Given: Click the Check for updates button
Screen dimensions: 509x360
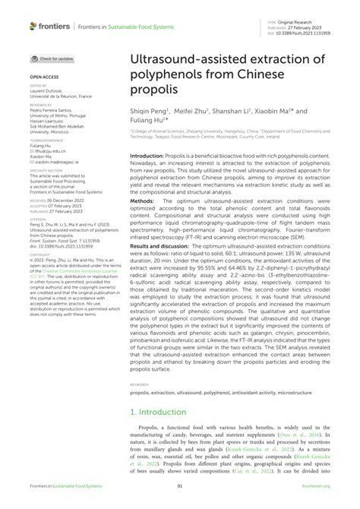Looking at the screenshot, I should click(52, 58).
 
